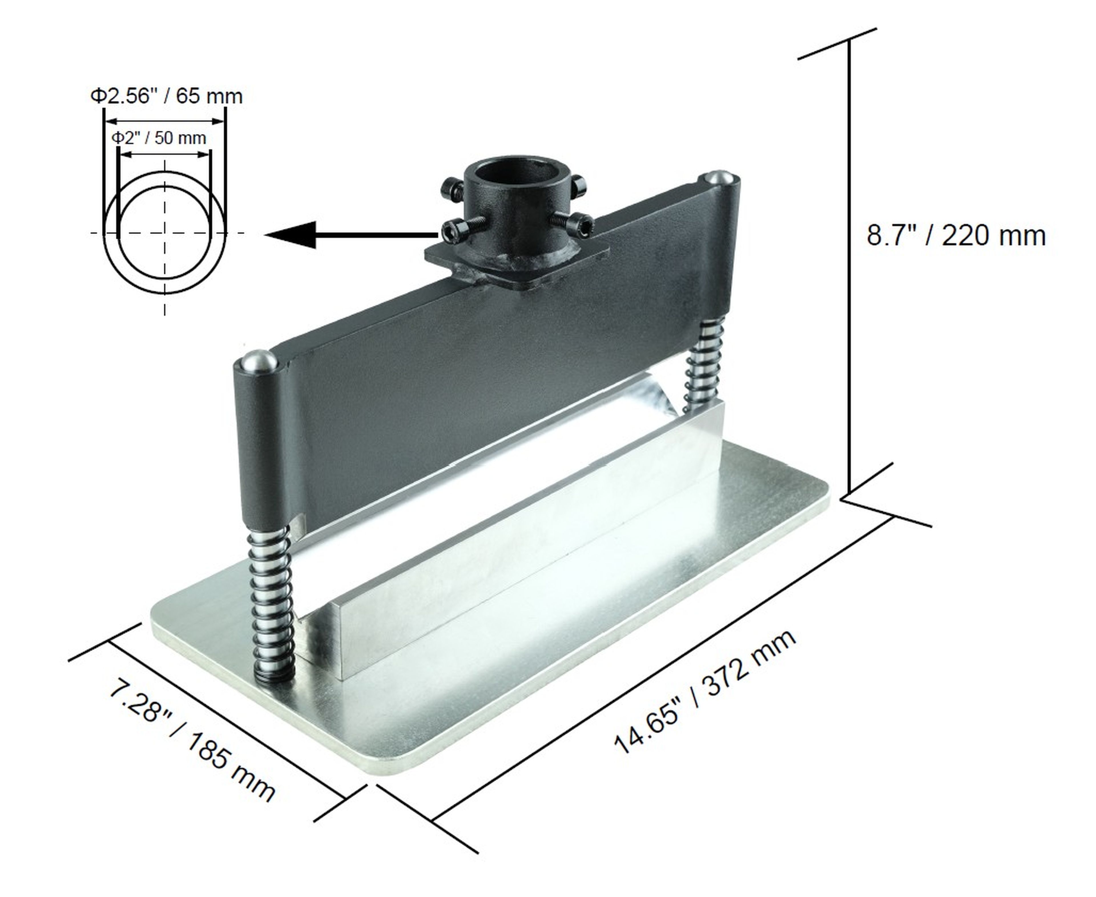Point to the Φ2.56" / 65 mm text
pos(166,97)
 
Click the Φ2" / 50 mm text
pos(159,138)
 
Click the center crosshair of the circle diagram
pos(165,233)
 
